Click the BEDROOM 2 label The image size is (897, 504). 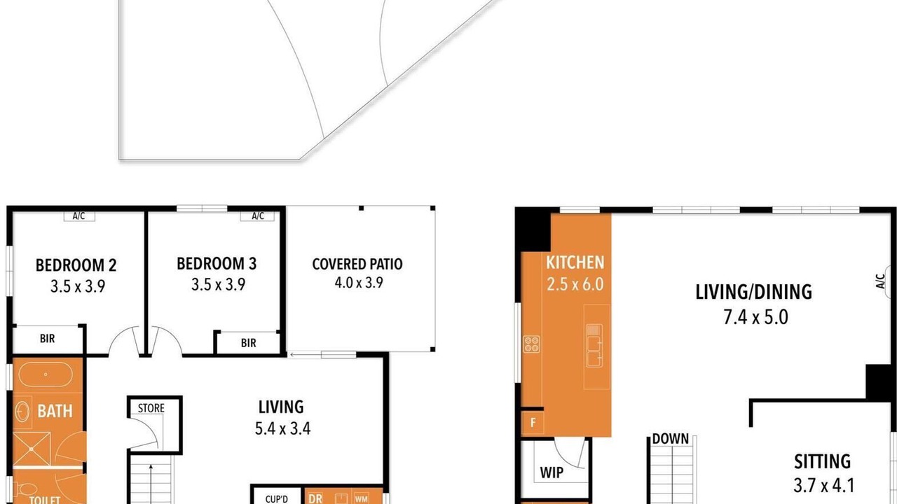tap(76, 265)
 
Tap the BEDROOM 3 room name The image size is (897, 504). tap(217, 264)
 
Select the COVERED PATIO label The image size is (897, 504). tap(357, 264)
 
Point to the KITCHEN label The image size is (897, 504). tap(575, 262)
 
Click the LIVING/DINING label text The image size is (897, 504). tap(753, 292)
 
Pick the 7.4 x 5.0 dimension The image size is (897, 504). tap(755, 317)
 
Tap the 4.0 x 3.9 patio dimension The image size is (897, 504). tap(359, 283)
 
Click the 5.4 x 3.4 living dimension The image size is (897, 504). tap(282, 428)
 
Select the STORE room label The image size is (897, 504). tap(151, 408)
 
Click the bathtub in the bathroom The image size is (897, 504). tap(46, 374)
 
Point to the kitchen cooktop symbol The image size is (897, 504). tap(531, 344)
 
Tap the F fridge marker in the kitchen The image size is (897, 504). tap(533, 422)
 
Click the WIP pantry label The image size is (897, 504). tap(552, 472)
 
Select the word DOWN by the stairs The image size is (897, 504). tap(671, 439)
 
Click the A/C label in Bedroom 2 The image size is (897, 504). tap(79, 216)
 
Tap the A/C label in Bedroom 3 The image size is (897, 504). tap(258, 216)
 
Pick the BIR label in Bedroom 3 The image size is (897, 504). tap(248, 343)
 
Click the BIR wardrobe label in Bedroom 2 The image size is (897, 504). tap(47, 338)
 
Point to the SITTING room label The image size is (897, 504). tap(823, 461)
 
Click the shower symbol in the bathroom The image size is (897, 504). tap(32, 449)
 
